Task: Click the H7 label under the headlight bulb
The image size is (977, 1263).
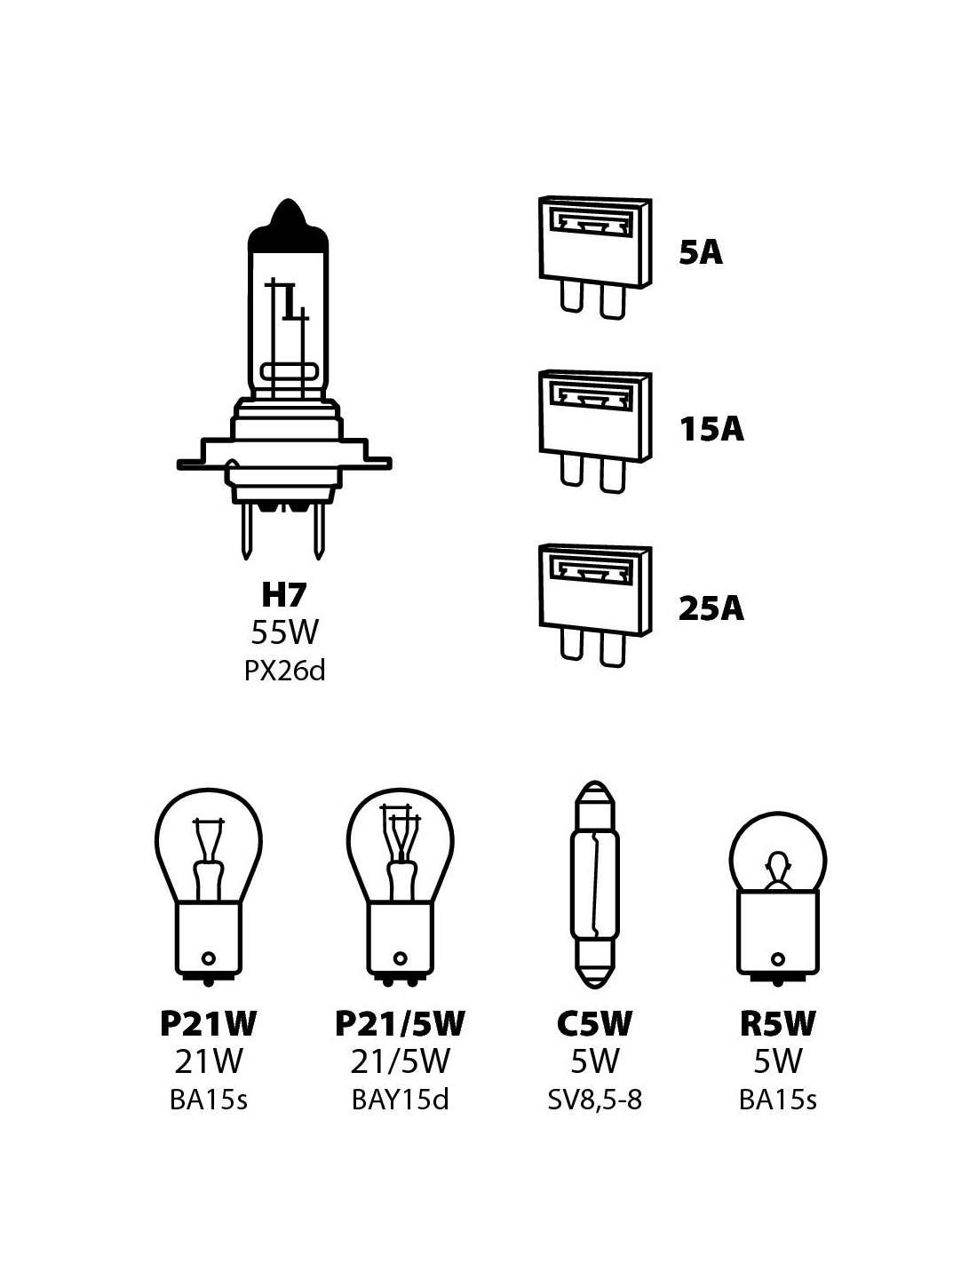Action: (284, 594)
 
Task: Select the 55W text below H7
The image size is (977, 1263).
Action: (284, 632)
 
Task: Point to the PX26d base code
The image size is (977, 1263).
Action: (284, 670)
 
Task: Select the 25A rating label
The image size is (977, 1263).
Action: (711, 609)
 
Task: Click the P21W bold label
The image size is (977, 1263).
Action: (208, 1024)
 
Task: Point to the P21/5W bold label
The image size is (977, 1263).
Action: (400, 1024)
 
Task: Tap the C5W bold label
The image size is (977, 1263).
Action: (593, 1024)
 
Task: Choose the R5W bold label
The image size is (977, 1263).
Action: (777, 1024)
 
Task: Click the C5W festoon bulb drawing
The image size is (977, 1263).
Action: (594, 884)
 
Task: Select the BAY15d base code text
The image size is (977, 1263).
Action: (400, 1100)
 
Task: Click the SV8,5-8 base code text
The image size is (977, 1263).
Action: (593, 1100)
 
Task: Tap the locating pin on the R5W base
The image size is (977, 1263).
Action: (778, 959)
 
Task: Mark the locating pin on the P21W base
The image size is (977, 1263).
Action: (209, 958)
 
